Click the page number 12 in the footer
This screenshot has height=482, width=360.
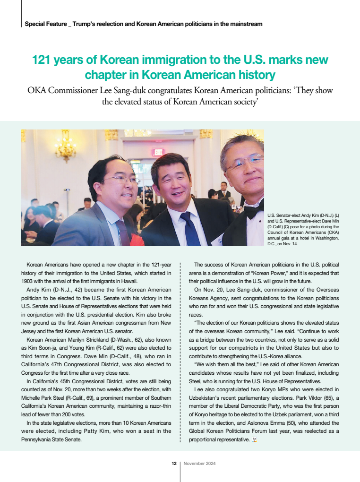174,464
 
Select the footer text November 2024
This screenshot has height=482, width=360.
199,464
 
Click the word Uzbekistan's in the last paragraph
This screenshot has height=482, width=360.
210,397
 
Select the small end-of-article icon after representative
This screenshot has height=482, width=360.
254,440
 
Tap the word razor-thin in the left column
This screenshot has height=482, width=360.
157,406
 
